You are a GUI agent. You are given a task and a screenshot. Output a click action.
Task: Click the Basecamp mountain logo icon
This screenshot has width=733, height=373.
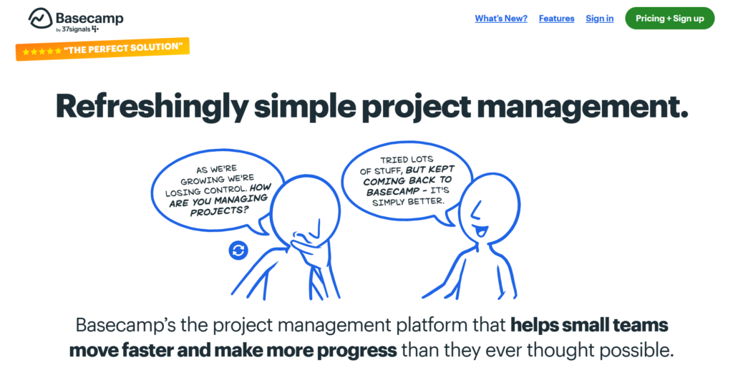tap(40, 19)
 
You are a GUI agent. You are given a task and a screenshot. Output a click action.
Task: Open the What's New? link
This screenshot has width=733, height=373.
tap(500, 19)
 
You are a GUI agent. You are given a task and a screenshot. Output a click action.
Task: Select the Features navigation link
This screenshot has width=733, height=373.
tap(556, 19)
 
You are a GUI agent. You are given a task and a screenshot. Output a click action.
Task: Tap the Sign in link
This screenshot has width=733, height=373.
tap(599, 19)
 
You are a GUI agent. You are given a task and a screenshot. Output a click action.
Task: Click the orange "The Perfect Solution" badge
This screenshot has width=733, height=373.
tap(102, 49)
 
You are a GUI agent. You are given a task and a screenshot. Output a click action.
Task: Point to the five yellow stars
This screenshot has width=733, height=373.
tap(42, 52)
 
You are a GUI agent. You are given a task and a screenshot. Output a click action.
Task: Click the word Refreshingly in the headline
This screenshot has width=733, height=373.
tap(152, 107)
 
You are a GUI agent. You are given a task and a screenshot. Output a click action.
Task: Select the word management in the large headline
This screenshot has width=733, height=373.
tap(583, 107)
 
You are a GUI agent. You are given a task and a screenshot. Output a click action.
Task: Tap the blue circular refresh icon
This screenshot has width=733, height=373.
tap(238, 250)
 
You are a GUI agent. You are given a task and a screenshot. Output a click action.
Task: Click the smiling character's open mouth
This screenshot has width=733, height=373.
tap(480, 231)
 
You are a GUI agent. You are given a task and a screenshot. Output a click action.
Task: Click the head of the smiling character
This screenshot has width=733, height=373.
tap(489, 208)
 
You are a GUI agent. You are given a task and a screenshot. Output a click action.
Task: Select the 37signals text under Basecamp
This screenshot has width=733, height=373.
tap(77, 29)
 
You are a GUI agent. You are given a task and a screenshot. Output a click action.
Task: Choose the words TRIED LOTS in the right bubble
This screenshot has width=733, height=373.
tap(407, 160)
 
